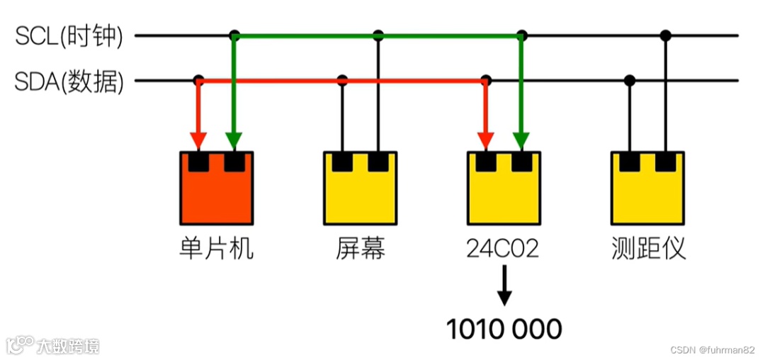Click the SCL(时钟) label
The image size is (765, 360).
[x=69, y=36]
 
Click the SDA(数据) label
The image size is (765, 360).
[x=69, y=82]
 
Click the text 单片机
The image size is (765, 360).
[x=216, y=249]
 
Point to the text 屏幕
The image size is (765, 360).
[x=361, y=249]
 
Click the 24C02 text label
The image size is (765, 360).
[x=503, y=249]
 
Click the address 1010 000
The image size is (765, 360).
[x=504, y=329]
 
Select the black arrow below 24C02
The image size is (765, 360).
[x=504, y=285]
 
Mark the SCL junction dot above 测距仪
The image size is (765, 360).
[x=665, y=35]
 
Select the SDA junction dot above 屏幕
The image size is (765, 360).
[x=343, y=80]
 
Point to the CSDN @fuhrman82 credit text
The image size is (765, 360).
[x=712, y=349]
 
